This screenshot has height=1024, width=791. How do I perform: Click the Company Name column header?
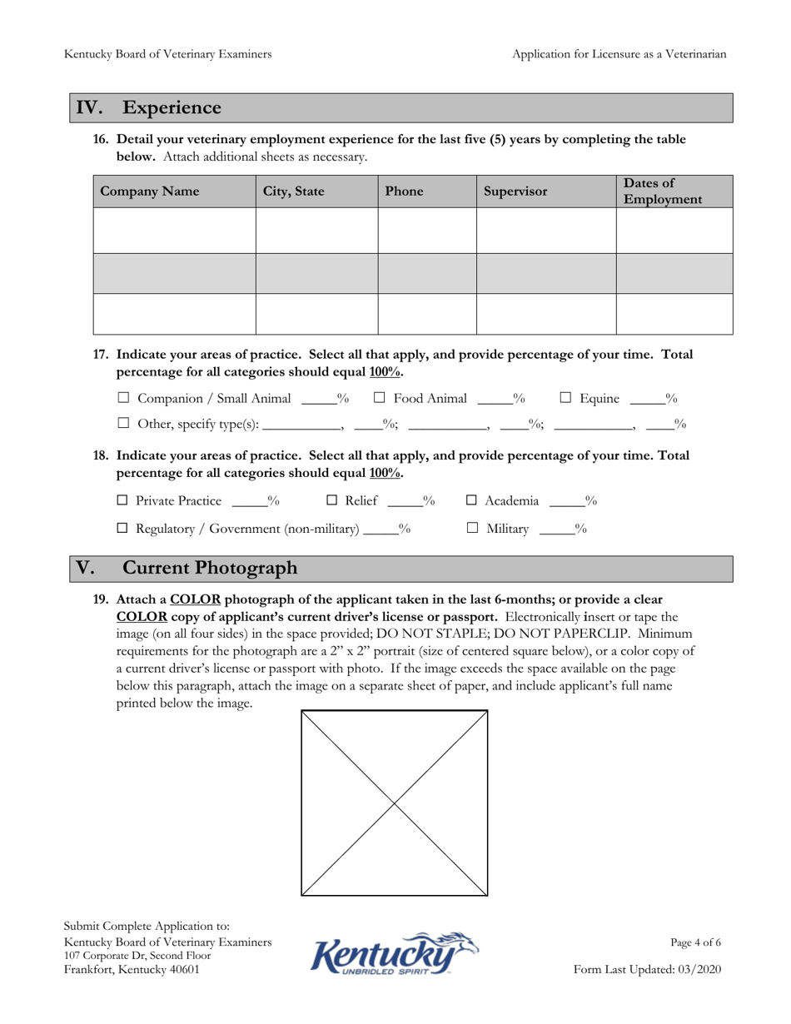150,191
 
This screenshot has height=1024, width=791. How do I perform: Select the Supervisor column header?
515,191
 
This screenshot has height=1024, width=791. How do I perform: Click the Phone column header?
404,191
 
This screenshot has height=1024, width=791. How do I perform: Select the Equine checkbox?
565,399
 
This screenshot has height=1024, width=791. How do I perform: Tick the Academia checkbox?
471,501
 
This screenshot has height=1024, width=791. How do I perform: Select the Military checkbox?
472,529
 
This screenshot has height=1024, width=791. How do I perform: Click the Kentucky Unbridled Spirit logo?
395,953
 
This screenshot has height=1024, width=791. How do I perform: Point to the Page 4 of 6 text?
695,943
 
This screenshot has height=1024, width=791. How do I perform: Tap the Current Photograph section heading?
210,569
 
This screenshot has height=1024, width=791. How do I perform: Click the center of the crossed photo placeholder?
395,803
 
